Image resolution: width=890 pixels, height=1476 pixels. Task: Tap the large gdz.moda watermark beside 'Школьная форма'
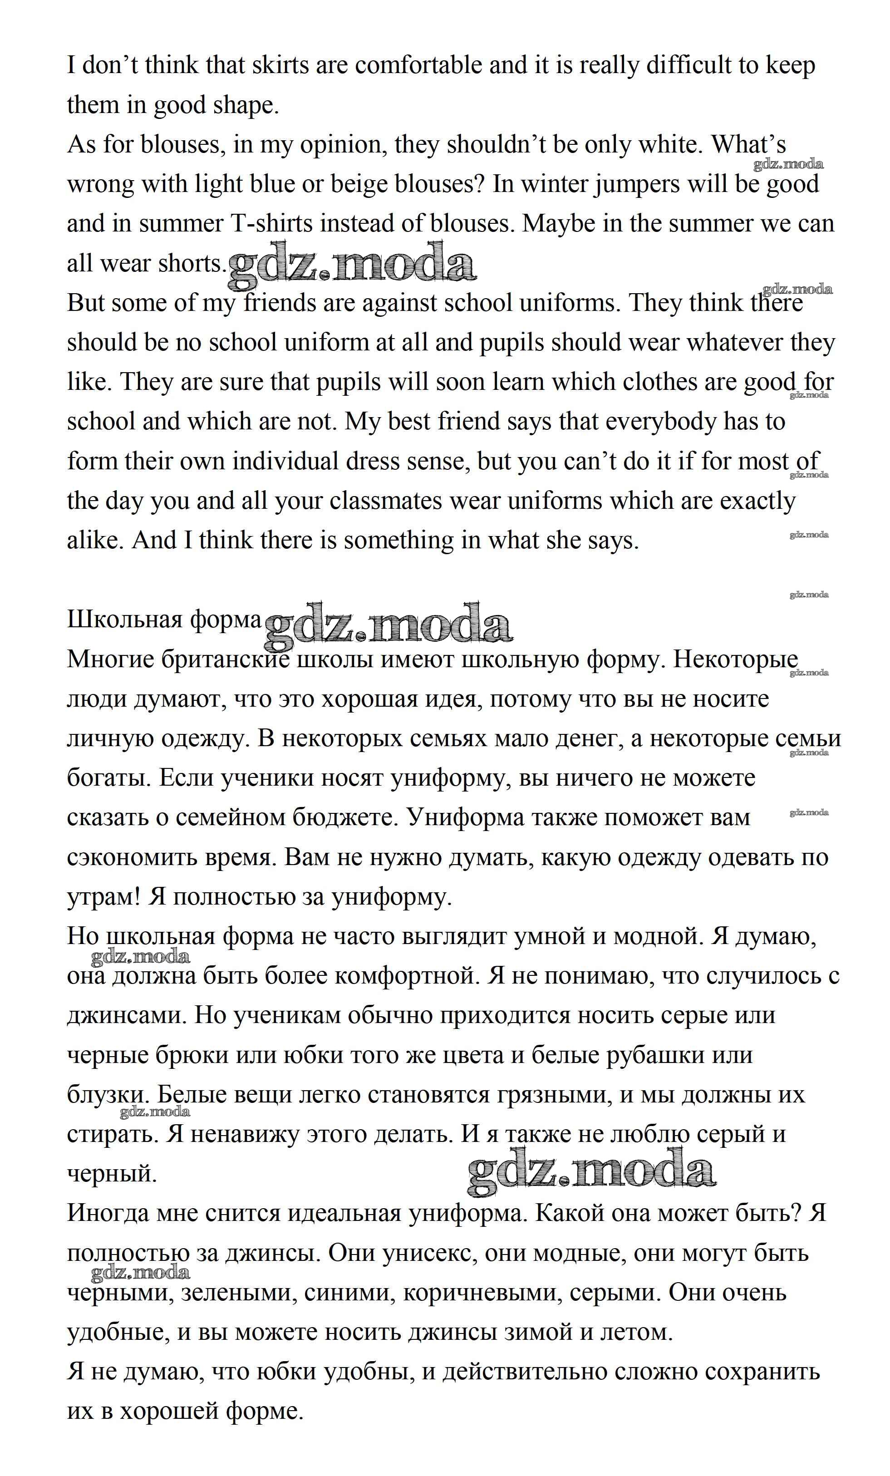click(x=388, y=625)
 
